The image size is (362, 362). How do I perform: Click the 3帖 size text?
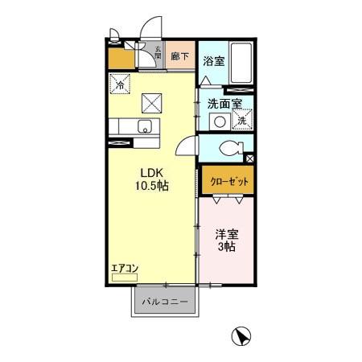coord(226,248)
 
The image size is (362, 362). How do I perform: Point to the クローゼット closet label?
coord(229,182)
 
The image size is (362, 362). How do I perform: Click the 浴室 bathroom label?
coord(212,61)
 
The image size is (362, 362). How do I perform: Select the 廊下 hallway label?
coord(182,57)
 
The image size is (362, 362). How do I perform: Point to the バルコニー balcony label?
coord(165,302)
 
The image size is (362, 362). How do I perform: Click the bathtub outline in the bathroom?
coord(241,61)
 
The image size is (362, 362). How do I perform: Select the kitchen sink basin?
coord(146,126)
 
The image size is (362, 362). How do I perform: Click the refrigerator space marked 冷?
coord(121,83)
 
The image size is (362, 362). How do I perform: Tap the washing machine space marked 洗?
coord(241,121)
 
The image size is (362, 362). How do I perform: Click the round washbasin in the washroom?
coord(218,121)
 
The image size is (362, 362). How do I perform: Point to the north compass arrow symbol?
coord(239,336)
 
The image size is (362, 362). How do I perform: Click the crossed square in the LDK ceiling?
coord(152,103)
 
